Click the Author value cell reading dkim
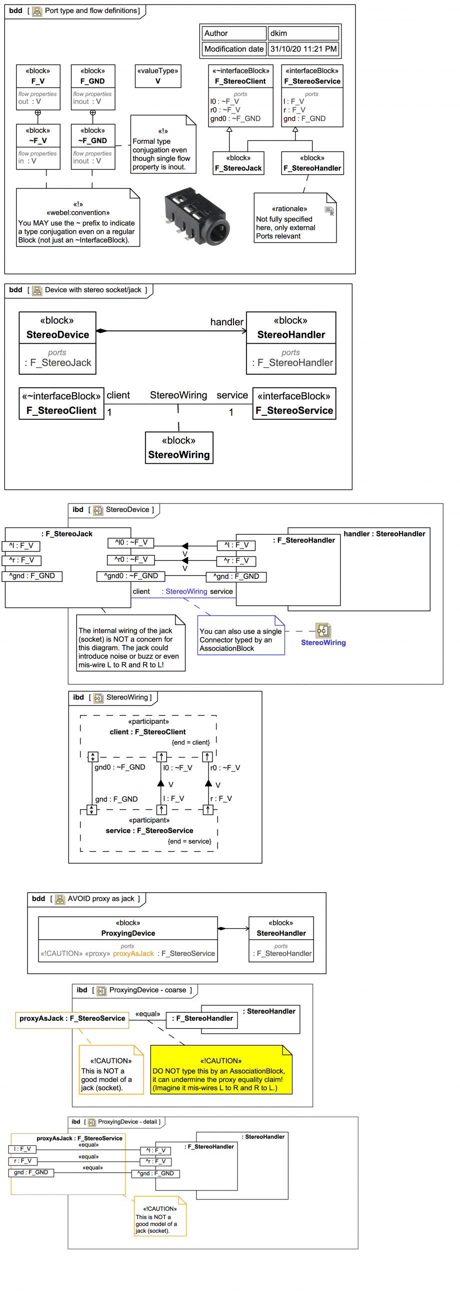click(303, 33)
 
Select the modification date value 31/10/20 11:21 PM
click(303, 49)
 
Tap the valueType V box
click(158, 76)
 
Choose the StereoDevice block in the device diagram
click(57, 343)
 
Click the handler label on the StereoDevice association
click(226, 322)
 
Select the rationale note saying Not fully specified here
click(294, 218)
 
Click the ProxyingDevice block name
click(128, 933)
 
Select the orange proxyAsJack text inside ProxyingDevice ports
click(133, 953)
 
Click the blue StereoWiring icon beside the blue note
click(323, 630)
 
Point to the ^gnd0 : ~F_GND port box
click(130, 576)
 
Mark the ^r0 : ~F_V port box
click(130, 559)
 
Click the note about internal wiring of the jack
click(130, 643)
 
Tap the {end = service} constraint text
click(189, 841)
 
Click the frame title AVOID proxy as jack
click(101, 899)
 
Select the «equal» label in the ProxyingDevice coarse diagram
click(147, 1014)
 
